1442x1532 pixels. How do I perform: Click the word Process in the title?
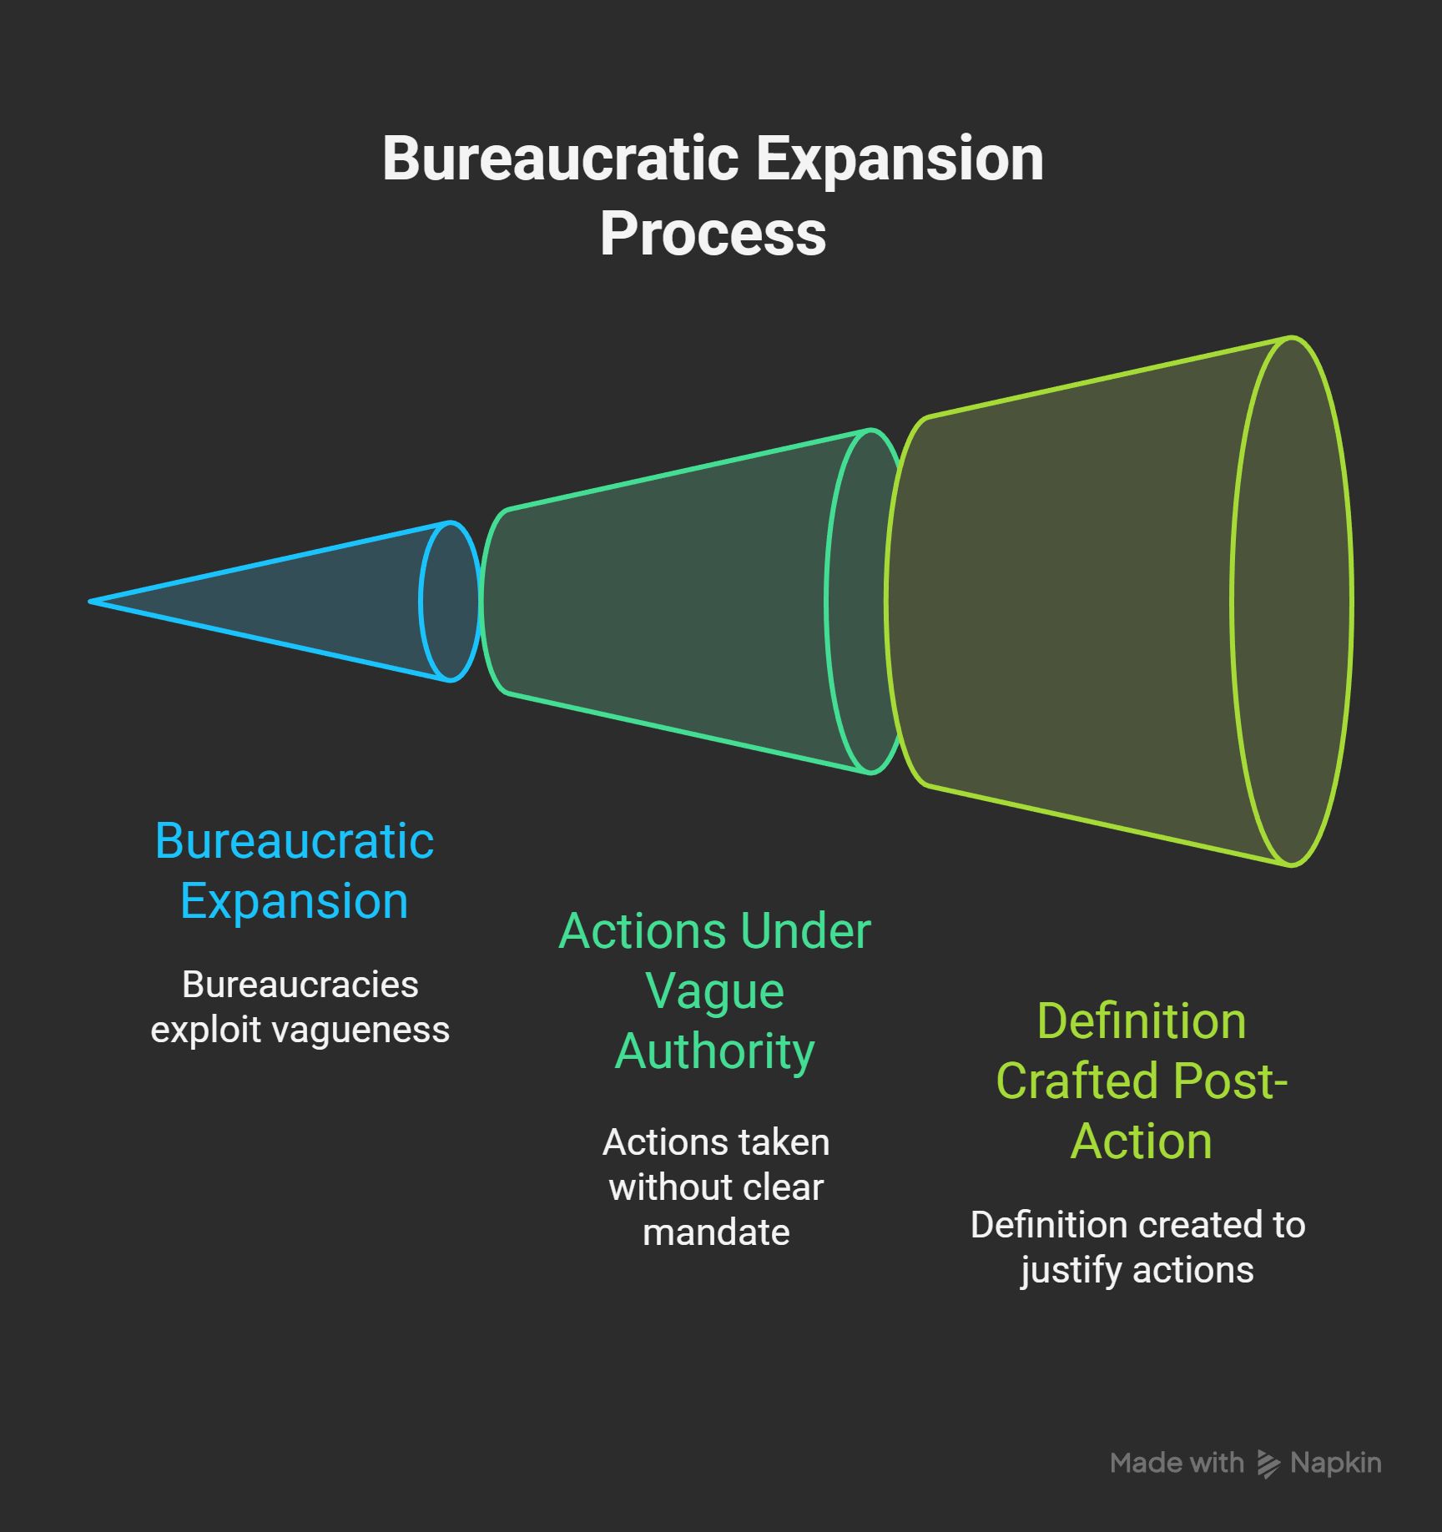click(x=713, y=234)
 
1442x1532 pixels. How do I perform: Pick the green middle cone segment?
click(x=668, y=601)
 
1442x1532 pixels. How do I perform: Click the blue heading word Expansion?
click(x=295, y=901)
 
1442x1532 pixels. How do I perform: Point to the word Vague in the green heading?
click(x=715, y=991)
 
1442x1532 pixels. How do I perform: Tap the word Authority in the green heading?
click(x=715, y=1051)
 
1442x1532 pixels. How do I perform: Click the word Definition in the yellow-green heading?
click(x=1141, y=1021)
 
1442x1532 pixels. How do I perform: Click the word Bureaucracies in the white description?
click(x=300, y=985)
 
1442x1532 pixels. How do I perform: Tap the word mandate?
click(x=716, y=1232)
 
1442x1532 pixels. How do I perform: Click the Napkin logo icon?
click(x=1268, y=1464)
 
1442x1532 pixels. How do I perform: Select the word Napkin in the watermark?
click(x=1336, y=1463)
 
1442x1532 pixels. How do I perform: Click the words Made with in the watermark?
click(x=1177, y=1463)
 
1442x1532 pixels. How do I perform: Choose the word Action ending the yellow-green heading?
click(x=1141, y=1141)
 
